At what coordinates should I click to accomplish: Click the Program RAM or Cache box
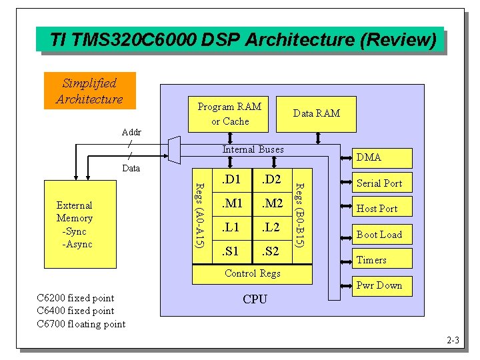(230, 114)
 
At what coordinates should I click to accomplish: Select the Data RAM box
(317, 113)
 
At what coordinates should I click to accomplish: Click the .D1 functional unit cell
(231, 179)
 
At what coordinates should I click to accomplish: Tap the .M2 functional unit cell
(271, 203)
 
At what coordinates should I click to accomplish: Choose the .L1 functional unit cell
(231, 227)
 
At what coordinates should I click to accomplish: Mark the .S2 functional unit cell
(271, 251)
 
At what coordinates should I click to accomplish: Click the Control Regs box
(253, 273)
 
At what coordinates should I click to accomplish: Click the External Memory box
(75, 225)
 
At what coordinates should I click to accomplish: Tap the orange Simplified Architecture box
(89, 91)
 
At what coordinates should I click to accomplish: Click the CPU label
(255, 299)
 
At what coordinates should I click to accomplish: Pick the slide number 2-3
(453, 341)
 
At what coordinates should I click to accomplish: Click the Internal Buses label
(253, 149)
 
